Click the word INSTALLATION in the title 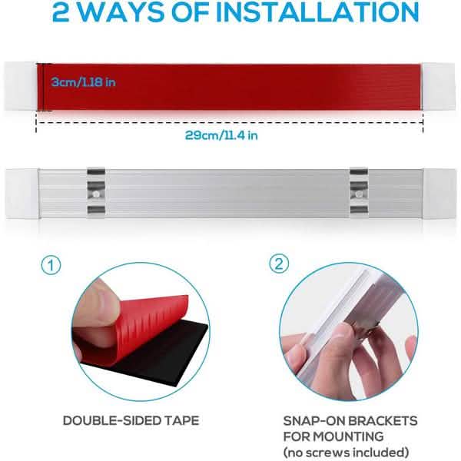coord(318,12)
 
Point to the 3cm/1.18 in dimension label coord(84,82)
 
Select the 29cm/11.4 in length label coord(221,135)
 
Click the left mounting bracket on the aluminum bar coord(96,194)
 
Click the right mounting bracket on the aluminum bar coord(359,194)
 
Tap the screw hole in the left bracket coord(96,194)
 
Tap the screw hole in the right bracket coord(359,194)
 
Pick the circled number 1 coord(51,265)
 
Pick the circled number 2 coord(279,264)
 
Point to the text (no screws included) coord(346,453)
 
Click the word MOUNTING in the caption coord(348,436)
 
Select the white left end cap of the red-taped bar coord(20,86)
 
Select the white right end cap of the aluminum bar coord(439,194)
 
